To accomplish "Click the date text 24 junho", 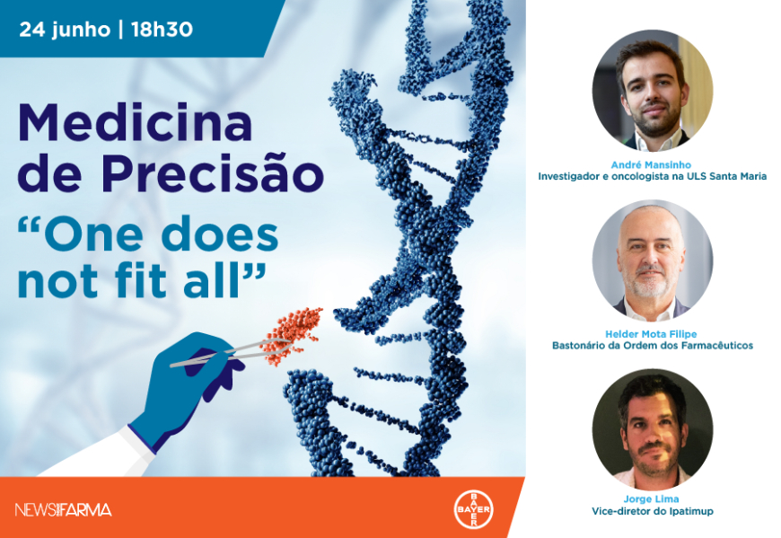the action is point(65,30).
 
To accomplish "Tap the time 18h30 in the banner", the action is point(162,30).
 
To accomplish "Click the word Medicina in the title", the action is point(135,122).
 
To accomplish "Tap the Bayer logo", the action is point(473,509).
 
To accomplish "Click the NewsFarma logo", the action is point(63,509).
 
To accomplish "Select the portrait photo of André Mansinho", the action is point(653,91).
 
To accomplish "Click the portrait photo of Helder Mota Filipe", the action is point(653,261).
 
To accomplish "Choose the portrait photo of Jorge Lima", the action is point(653,429).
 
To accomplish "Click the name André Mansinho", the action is point(651,164).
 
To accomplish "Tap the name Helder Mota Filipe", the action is point(651,334).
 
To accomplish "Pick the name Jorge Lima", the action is point(651,498).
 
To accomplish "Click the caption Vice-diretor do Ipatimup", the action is point(653,511).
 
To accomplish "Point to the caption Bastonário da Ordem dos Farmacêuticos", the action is point(653,345).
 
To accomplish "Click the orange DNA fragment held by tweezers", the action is point(292,334).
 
